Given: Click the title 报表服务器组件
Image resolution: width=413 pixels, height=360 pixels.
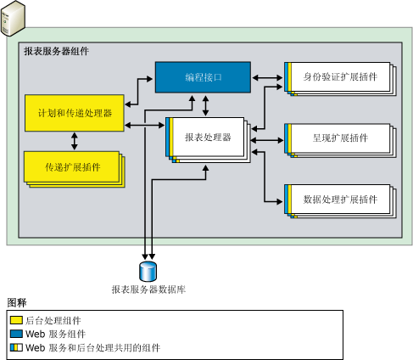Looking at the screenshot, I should click(x=57, y=52).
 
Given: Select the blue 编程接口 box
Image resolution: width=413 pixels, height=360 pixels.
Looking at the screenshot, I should click(x=202, y=77).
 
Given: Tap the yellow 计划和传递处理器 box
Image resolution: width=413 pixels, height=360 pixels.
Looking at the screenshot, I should click(x=75, y=113).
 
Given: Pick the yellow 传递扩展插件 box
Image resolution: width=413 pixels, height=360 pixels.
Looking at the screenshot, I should click(x=72, y=166).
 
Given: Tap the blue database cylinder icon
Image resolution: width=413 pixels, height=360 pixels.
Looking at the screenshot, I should click(x=149, y=271).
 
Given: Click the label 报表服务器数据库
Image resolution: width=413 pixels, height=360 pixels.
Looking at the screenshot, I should click(x=149, y=290).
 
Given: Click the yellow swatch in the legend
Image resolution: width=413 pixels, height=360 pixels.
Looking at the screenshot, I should click(x=16, y=321).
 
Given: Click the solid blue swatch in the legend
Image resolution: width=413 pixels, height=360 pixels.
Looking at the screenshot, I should click(x=16, y=335).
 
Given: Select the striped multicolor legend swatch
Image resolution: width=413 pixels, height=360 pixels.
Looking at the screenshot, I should click(x=16, y=348).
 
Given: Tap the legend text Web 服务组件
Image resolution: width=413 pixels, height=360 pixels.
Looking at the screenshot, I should click(x=55, y=335).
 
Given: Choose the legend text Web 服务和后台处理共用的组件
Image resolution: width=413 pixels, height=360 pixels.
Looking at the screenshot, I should click(x=92, y=348).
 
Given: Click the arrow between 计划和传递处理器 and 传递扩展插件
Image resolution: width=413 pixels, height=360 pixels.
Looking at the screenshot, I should click(x=75, y=140).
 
